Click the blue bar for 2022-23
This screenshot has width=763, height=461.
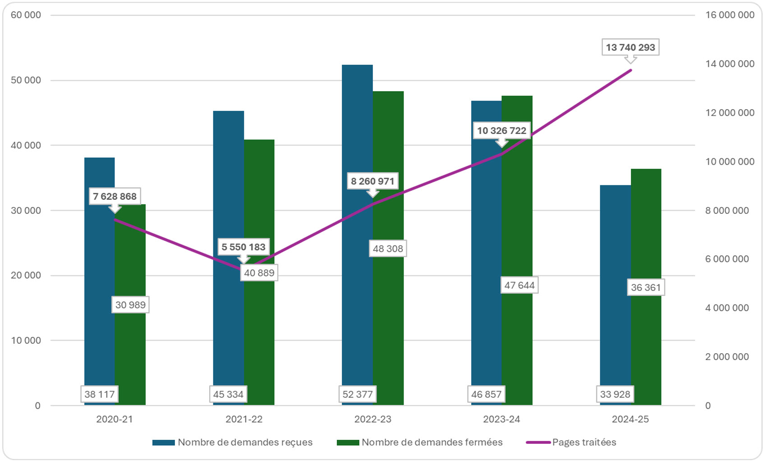point(357,226)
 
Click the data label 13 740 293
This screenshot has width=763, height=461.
point(630,47)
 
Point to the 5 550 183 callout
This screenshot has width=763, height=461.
point(244,247)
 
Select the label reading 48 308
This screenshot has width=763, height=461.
point(388,249)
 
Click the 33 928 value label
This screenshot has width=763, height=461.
point(615,394)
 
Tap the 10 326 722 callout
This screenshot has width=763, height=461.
point(501,131)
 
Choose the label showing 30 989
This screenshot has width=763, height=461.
point(130,305)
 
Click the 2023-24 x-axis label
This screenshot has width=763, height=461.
point(501,419)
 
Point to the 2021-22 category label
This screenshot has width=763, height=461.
point(244,419)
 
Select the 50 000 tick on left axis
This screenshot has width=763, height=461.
point(26,80)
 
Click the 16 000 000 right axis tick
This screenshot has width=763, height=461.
point(730,15)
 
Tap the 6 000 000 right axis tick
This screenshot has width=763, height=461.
point(727,259)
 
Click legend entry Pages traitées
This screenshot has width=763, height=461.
point(584,442)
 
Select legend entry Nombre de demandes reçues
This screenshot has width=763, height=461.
point(245,442)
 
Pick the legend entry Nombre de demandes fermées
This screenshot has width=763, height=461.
point(432,442)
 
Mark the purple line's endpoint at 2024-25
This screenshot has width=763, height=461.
point(630,70)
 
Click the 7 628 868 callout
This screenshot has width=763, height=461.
point(115,196)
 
